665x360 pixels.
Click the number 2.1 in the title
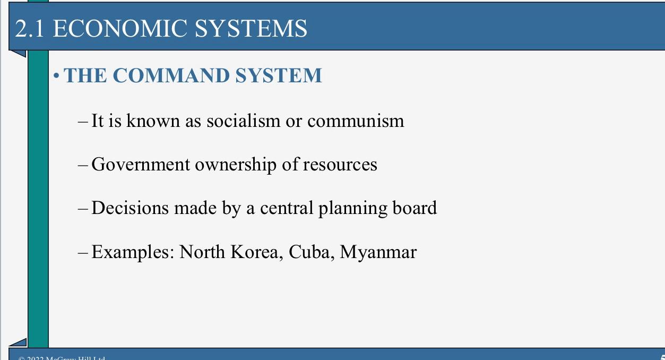point(30,29)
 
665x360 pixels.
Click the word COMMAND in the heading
point(171,75)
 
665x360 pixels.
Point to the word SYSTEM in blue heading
point(278,75)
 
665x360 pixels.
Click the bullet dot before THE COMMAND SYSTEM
point(57,76)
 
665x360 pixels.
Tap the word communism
point(356,121)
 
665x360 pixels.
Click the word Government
point(141,165)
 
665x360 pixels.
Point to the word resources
point(340,165)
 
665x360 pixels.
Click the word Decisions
point(130,208)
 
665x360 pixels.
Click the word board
point(414,208)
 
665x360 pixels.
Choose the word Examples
point(132,252)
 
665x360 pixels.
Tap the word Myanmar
point(378,252)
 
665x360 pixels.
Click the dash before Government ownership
point(83,165)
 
